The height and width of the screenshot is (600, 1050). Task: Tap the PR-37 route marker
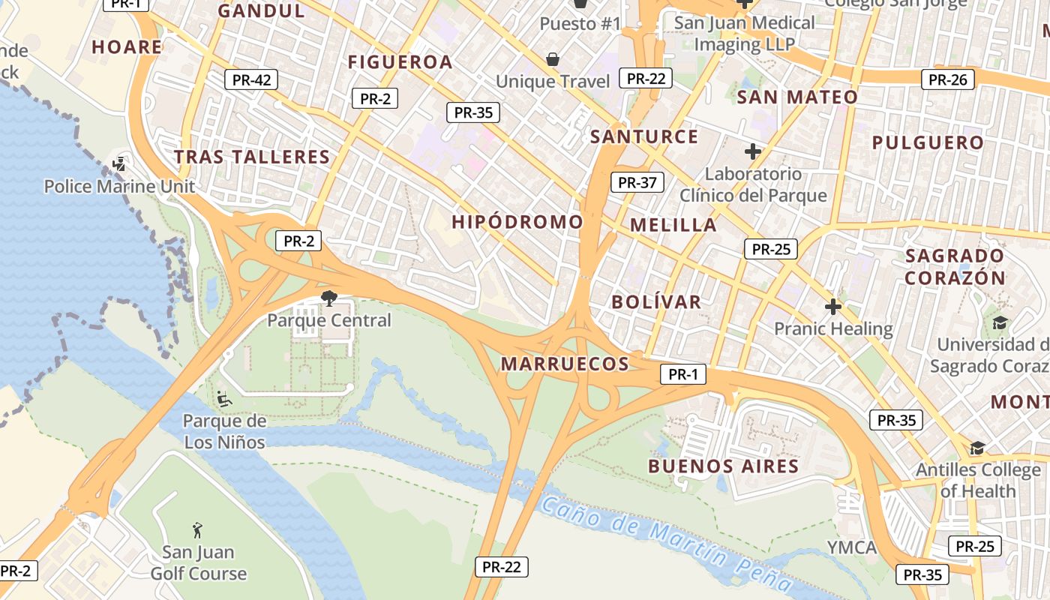click(x=637, y=182)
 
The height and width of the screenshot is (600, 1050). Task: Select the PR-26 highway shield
click(x=948, y=79)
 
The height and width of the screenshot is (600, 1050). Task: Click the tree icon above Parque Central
click(x=328, y=299)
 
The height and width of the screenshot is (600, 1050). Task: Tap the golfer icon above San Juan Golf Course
click(x=197, y=530)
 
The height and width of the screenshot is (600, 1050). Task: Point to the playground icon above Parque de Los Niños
click(x=223, y=398)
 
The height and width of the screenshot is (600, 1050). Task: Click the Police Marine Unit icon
click(x=118, y=163)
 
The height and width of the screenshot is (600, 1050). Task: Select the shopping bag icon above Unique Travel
click(x=553, y=58)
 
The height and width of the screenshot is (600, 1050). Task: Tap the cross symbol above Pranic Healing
click(x=833, y=307)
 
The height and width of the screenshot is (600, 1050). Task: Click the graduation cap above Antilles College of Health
click(x=977, y=448)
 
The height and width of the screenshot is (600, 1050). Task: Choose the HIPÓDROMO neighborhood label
click(x=517, y=222)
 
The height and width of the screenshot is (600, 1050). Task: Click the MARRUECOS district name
click(x=565, y=364)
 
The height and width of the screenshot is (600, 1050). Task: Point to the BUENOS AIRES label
click(x=724, y=466)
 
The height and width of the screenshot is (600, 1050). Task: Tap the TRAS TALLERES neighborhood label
click(x=252, y=157)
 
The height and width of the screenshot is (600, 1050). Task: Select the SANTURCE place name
click(x=644, y=136)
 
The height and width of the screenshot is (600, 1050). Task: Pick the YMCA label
click(x=852, y=547)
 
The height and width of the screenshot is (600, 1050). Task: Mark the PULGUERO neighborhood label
click(x=928, y=142)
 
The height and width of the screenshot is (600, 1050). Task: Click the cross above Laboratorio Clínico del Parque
click(x=753, y=151)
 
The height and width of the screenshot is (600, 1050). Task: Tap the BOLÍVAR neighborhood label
click(x=656, y=302)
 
